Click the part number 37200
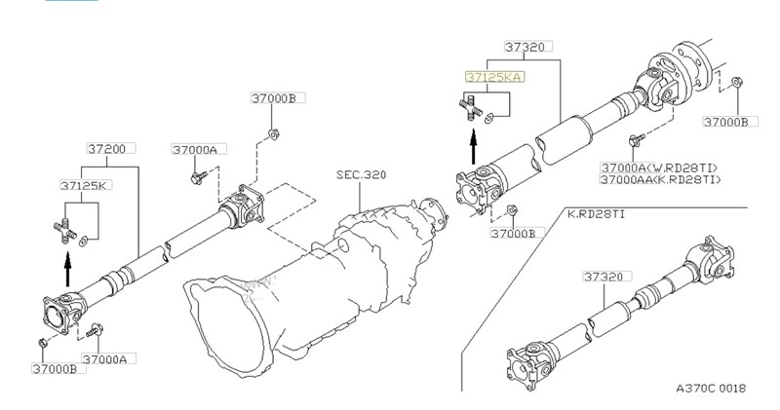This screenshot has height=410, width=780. coord(105,149)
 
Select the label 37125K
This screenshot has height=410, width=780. coord(83,185)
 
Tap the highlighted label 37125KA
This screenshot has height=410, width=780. coord(494,77)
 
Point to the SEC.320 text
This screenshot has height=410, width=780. coord(361,175)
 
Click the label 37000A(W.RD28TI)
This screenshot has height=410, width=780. coord(659,168)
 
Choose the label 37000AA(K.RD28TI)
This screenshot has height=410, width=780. coord(661,179)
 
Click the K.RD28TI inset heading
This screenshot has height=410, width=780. coord(596,214)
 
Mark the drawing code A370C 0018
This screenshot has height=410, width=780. coord(711,389)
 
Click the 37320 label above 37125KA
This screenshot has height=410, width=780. coord(525,47)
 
